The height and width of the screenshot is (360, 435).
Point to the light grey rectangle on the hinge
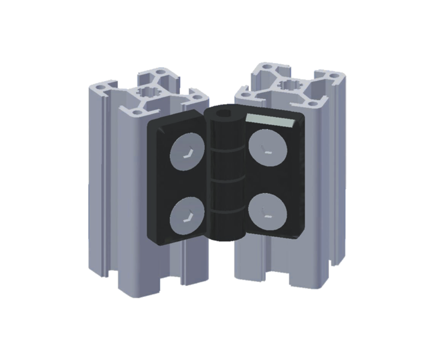(271, 119)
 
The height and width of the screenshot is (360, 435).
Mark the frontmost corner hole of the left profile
(136, 113)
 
